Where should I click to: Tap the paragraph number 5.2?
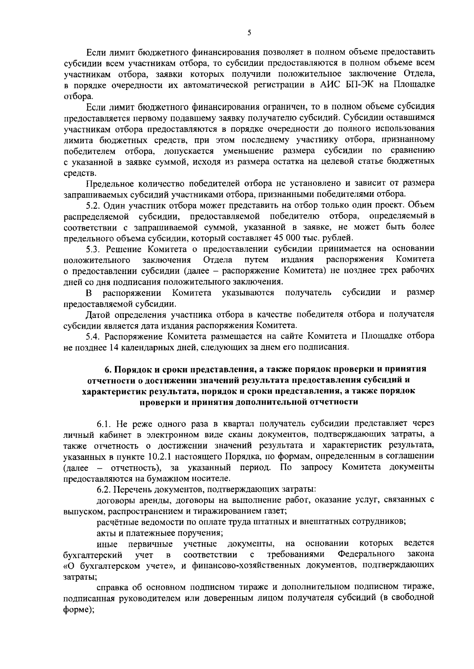(94, 205)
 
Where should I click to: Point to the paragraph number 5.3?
(94, 249)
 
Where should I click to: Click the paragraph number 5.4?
(94, 336)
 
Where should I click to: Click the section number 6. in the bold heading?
(107, 369)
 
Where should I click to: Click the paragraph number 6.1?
(105, 424)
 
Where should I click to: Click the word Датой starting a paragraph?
(98, 314)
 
